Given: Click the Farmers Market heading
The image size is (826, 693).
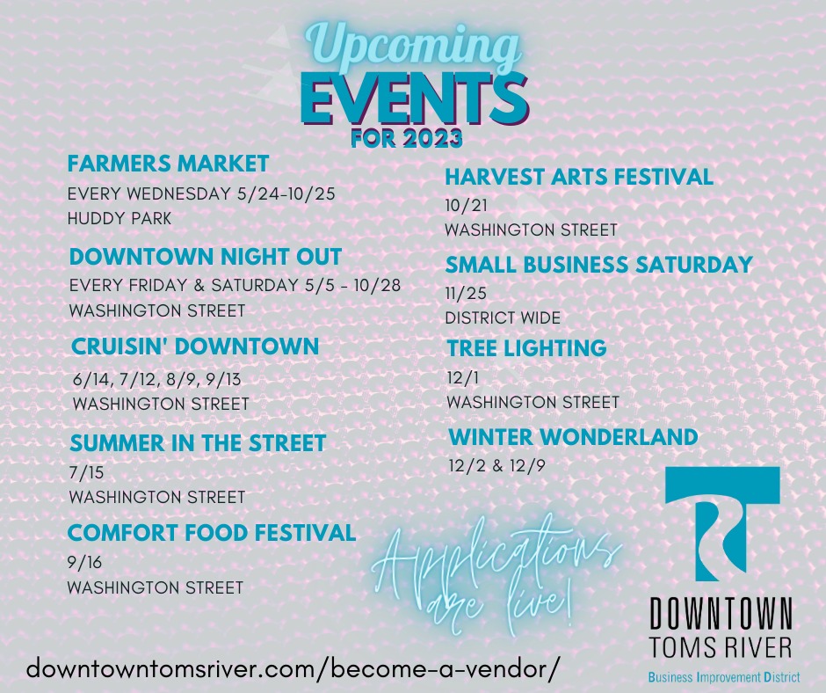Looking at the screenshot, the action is click(168, 164).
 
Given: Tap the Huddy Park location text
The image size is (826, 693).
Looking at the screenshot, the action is click(120, 218).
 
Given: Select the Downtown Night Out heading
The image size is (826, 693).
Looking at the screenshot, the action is click(206, 257).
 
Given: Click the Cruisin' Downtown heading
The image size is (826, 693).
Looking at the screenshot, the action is click(195, 346).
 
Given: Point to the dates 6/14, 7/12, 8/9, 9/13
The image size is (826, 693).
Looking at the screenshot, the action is click(157, 379).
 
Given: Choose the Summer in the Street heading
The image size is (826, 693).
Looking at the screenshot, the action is click(198, 443).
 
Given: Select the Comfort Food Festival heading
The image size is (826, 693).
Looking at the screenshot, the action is click(212, 533).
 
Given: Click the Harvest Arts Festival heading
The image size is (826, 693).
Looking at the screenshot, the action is click(579, 177).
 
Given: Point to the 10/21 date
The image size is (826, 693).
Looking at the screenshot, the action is click(467, 206).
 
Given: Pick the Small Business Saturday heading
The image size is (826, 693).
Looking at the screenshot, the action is click(599, 265).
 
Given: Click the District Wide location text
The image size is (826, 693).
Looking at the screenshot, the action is click(504, 318).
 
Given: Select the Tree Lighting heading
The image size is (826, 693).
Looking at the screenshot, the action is click(526, 348).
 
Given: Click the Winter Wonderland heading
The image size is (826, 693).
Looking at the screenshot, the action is click(573, 437).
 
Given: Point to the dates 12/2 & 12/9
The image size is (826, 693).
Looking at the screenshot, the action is click(496, 466).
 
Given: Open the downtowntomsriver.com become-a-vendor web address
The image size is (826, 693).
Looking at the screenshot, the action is click(292, 668).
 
